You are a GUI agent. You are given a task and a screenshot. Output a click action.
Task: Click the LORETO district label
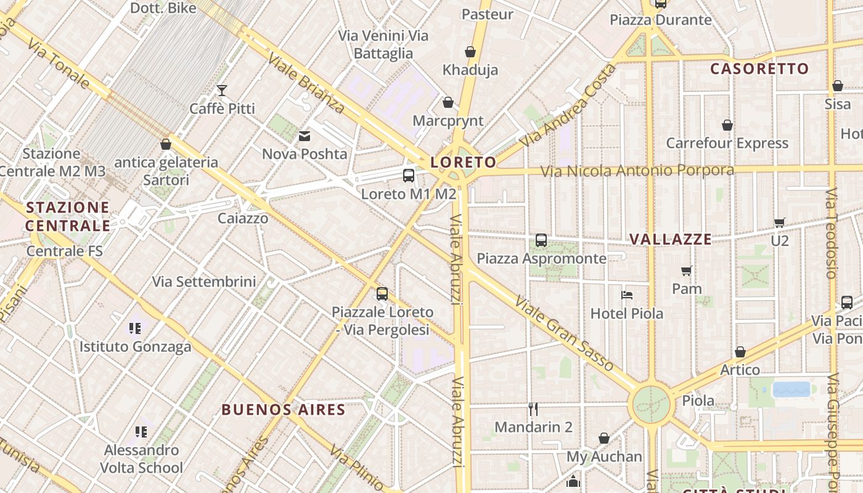[463, 162]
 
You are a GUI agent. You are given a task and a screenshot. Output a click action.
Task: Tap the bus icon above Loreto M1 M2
[409, 176]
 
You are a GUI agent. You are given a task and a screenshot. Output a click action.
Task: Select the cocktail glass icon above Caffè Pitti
[222, 91]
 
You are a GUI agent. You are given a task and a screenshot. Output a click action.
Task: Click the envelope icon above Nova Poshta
[305, 136]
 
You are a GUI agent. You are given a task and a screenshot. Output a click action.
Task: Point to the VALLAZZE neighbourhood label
[671, 239]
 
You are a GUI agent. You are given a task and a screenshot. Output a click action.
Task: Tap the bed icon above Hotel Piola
[627, 295]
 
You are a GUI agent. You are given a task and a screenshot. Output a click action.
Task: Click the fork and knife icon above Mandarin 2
[533, 408]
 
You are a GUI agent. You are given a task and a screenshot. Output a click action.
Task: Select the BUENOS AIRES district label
[283, 410]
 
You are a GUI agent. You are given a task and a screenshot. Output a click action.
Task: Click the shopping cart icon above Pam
[687, 271]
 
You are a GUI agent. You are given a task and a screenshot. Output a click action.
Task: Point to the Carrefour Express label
[727, 143]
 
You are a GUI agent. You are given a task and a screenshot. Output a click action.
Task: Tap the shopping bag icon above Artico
[740, 352]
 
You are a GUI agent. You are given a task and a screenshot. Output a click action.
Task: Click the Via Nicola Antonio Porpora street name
[637, 170]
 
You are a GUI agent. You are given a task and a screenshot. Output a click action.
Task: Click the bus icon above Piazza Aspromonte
[541, 240]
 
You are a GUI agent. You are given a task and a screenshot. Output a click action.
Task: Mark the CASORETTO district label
[759, 68]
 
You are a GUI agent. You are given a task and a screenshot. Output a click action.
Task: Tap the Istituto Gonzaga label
[135, 346]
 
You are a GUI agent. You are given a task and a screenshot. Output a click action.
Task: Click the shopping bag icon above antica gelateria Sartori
[165, 144]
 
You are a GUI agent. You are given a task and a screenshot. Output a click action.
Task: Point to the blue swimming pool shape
[791, 389]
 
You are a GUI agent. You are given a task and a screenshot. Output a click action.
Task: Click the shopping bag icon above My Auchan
[604, 438]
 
